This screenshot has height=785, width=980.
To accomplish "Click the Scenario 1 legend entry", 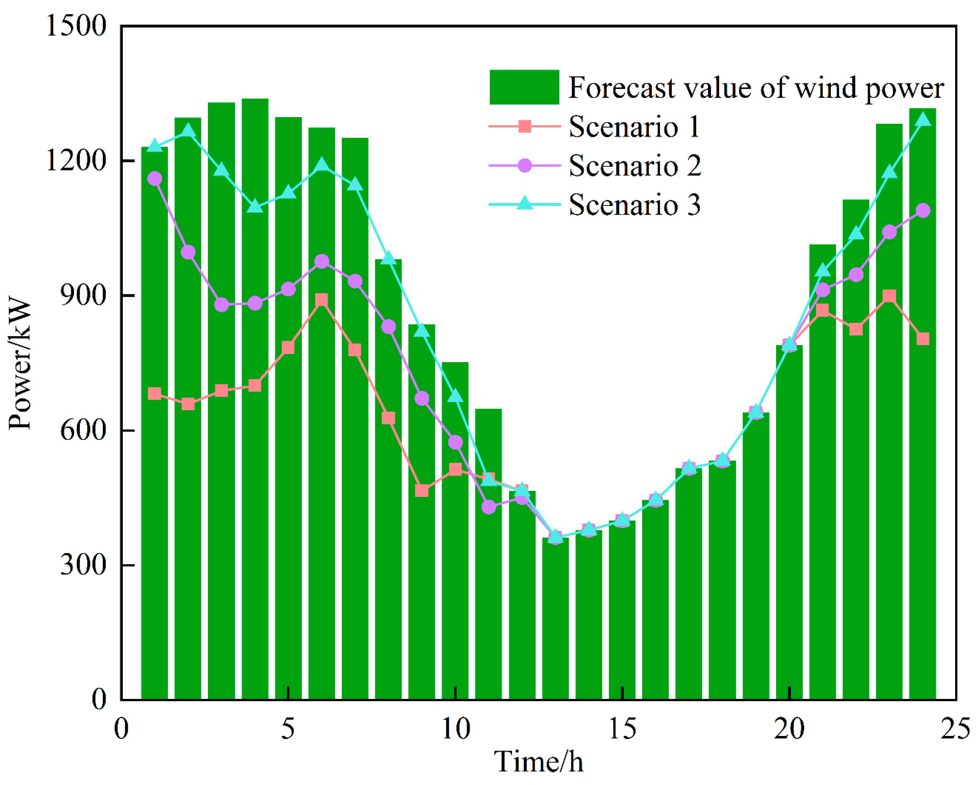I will pyautogui.click(x=634, y=126).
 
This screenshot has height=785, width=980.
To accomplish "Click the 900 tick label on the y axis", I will pyautogui.click(x=83, y=295).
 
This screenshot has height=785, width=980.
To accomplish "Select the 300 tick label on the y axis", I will pyautogui.click(x=83, y=565).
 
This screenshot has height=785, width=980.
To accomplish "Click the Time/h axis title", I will pyautogui.click(x=538, y=762).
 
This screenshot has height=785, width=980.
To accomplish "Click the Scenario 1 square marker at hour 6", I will pyautogui.click(x=321, y=300).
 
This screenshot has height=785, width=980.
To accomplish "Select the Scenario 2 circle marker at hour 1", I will pyautogui.click(x=154, y=179).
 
